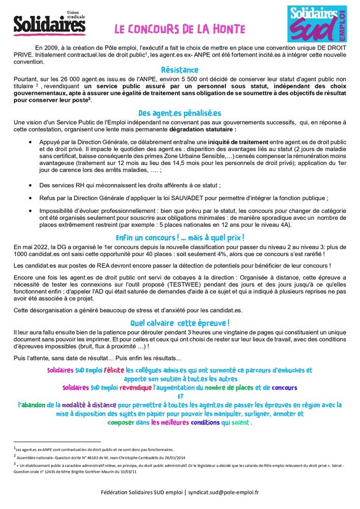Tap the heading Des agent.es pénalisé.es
(180, 113)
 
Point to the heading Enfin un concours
(180, 238)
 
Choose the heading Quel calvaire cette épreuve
(180, 323)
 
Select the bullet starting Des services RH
(140, 185)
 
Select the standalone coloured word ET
(180, 396)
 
